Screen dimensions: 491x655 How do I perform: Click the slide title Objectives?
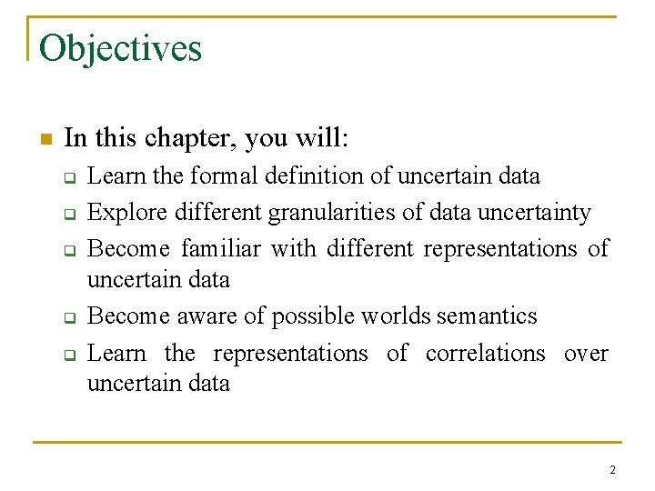(120, 48)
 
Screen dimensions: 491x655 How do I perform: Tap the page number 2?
(612, 469)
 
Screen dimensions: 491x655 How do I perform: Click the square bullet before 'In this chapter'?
(46, 139)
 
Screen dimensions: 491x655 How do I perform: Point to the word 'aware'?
(205, 316)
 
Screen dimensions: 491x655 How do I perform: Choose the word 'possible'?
(316, 316)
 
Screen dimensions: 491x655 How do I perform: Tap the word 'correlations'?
(488, 353)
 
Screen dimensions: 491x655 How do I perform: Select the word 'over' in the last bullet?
(586, 353)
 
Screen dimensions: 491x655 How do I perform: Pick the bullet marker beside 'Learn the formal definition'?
(67, 177)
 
